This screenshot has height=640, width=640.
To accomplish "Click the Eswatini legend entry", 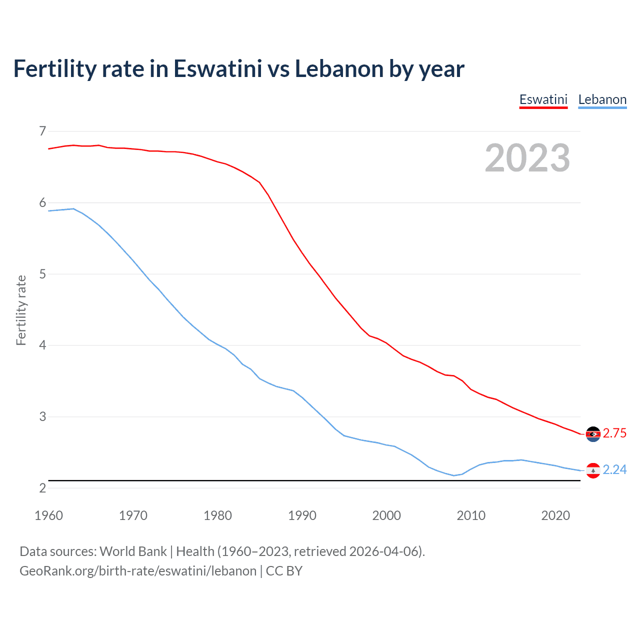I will (543, 99).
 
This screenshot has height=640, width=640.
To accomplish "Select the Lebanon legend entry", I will (602, 99).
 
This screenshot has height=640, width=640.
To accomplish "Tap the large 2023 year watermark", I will (527, 158).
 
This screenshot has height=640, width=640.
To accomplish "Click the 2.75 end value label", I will (614, 433).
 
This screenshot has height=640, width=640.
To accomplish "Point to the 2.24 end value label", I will (614, 470).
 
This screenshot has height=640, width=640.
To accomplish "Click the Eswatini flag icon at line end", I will (593, 434).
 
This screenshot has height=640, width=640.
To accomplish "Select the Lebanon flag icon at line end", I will (593, 470).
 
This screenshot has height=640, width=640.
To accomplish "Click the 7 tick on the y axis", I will (42, 131).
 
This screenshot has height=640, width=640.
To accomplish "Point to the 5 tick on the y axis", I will (42, 274).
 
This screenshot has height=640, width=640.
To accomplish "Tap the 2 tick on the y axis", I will (42, 488).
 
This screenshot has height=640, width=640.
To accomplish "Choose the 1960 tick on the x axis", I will (48, 515).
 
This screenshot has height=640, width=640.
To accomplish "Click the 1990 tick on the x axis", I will (302, 515).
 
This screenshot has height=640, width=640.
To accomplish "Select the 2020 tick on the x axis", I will (555, 515).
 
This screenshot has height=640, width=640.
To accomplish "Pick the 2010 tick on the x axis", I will (471, 515).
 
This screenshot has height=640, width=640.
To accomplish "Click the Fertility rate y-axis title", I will (21, 310).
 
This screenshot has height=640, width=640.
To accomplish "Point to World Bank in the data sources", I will (133, 551).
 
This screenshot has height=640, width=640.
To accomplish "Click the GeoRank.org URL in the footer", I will (137, 571).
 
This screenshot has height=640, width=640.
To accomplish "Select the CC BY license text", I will (284, 571).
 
